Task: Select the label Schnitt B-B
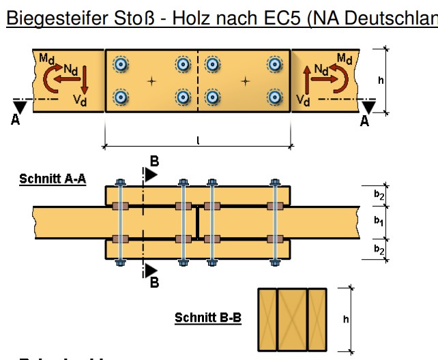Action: pos(208,318)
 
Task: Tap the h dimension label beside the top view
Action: pos(380,80)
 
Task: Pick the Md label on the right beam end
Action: pos(345,57)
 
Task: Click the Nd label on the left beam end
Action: pos(70,68)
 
